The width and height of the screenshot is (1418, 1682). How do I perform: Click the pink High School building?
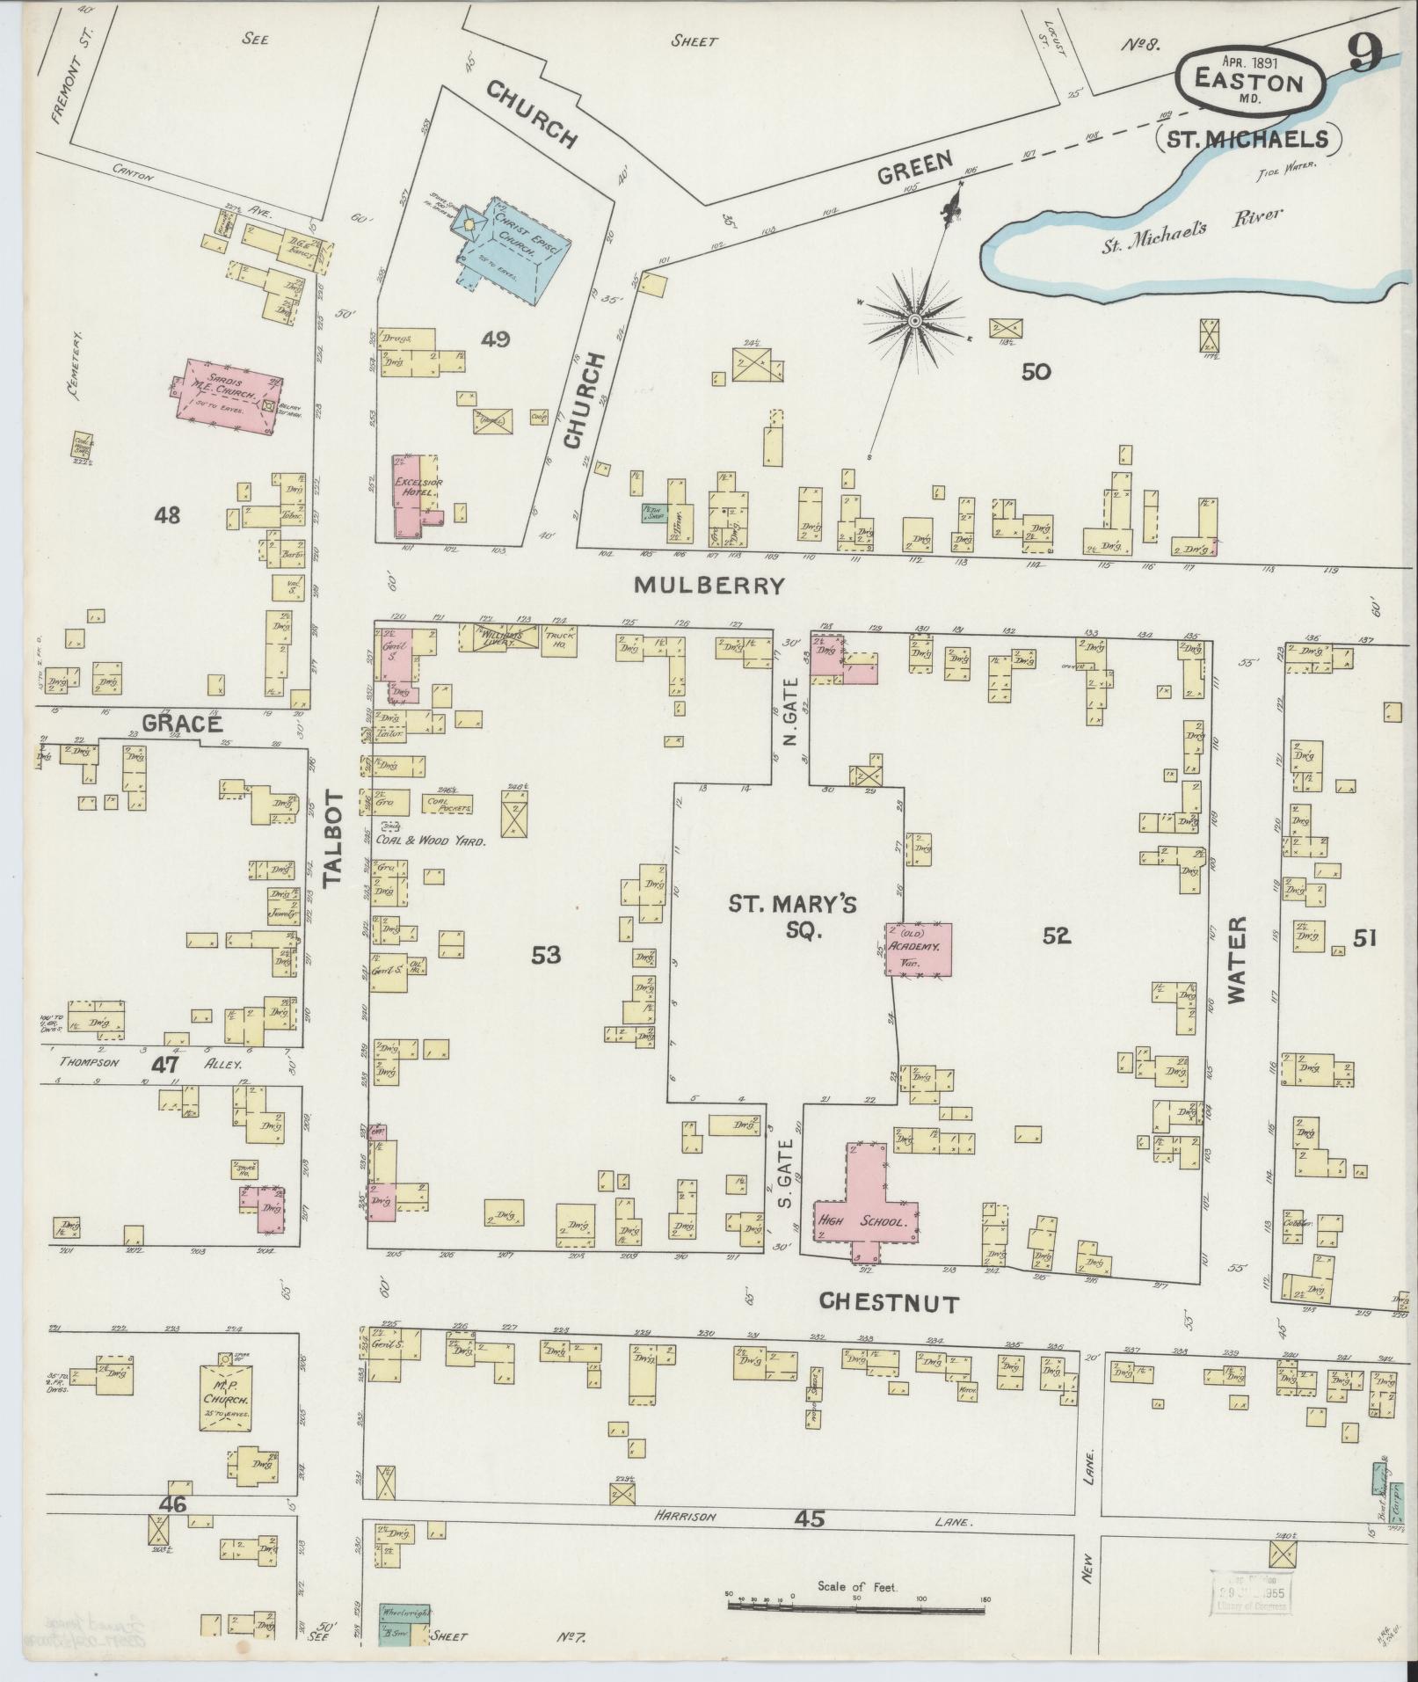(x=866, y=1213)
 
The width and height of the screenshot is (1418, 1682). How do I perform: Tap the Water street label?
(x=1237, y=959)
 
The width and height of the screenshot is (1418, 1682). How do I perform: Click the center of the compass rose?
(x=914, y=321)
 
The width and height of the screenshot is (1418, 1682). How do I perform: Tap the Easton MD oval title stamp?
(x=1248, y=84)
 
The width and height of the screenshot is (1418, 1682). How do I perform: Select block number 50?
(x=1036, y=372)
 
